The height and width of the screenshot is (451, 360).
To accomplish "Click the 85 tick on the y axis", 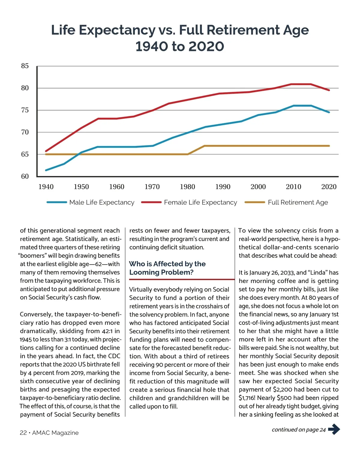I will coord(25,66).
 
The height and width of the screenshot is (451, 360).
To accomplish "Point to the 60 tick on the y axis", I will coord(25,176).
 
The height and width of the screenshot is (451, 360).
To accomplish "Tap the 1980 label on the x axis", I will coord(187,187).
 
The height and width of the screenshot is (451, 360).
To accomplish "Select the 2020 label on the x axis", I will coord(329,187).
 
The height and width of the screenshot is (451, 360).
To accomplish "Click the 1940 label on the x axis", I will coord(46,187).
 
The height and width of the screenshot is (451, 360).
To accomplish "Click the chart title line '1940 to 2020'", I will coord(180,46).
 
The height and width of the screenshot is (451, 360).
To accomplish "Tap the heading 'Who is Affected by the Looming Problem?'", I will coord(167,268).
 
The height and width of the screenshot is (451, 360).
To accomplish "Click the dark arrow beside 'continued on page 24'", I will coord(334,429).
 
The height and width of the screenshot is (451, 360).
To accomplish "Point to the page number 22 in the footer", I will coord(23,433).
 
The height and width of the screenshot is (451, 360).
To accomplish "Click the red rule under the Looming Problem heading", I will coord(181,279).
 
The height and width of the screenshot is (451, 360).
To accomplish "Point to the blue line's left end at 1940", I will coord(46,170).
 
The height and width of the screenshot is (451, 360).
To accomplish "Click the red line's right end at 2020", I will coord(329,90).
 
